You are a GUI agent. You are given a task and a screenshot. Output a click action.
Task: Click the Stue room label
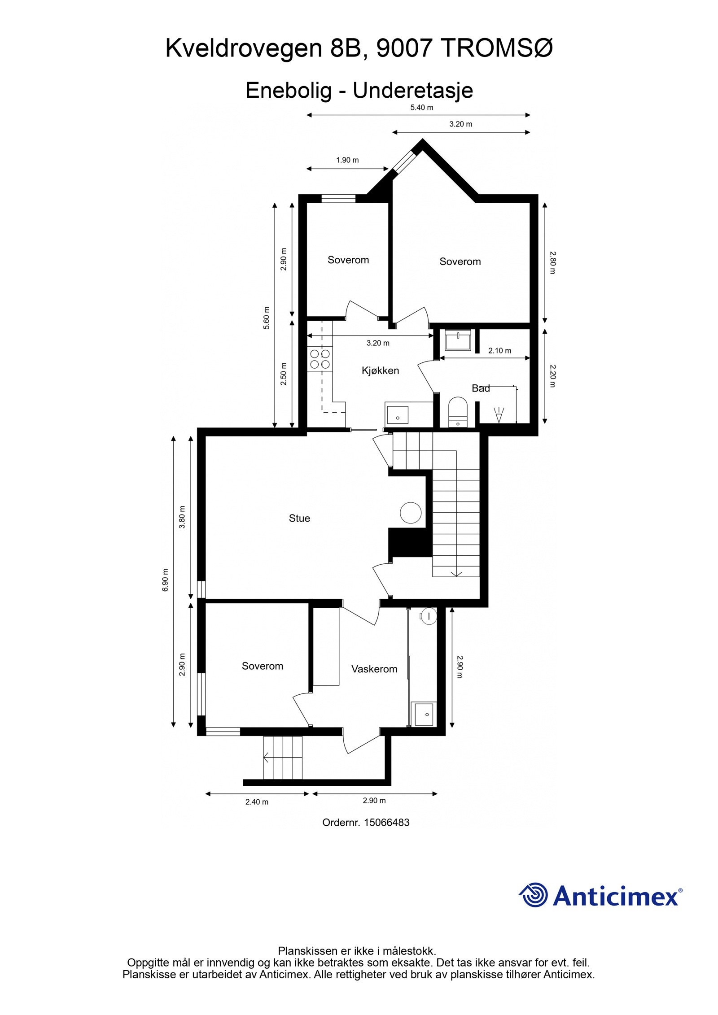point(299,518)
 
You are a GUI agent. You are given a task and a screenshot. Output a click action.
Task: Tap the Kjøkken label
point(380,370)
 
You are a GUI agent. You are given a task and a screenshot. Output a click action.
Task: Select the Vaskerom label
point(374,669)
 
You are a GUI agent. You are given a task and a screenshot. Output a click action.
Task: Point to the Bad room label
point(481,388)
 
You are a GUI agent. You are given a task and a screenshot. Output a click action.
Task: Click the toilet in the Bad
point(458,410)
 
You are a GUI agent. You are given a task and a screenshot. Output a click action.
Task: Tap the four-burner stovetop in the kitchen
point(320,359)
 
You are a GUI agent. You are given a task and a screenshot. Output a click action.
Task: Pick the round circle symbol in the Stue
point(410,512)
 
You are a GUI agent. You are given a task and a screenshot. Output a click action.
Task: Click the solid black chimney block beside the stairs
point(406,543)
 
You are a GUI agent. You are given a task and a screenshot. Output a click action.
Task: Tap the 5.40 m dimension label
point(421,108)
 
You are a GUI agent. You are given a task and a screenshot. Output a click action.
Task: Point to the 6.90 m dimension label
point(166,580)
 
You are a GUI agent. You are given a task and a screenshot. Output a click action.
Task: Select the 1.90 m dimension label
point(347,160)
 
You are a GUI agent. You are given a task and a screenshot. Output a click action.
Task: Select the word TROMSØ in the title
point(498,48)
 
